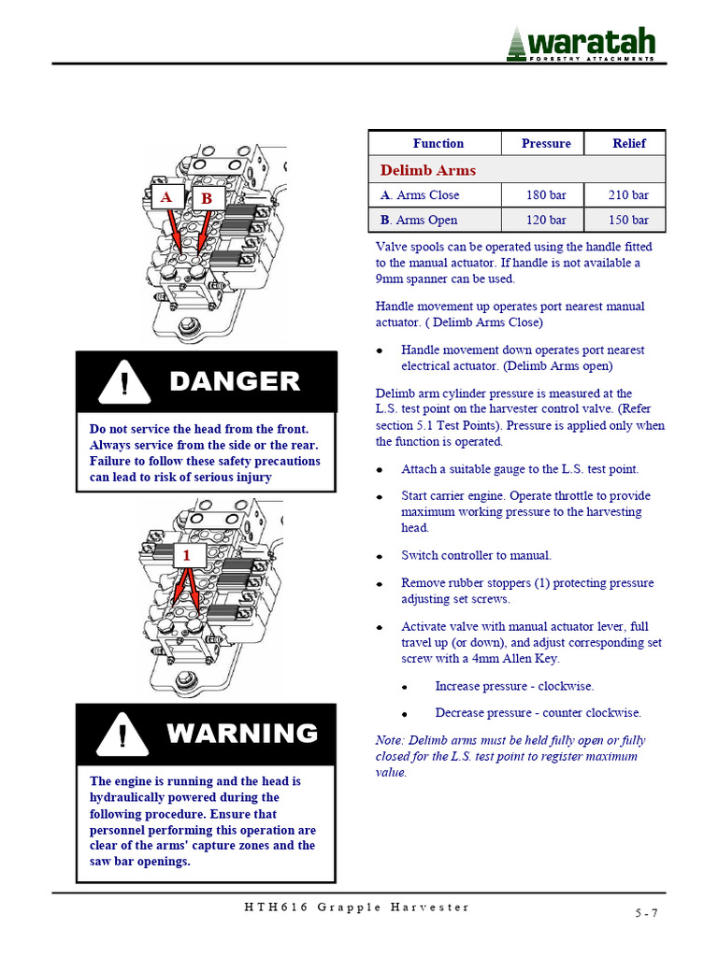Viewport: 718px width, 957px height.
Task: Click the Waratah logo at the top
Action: (581, 43)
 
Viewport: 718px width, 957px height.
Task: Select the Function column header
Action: (438, 143)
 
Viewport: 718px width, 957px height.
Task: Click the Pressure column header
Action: (546, 143)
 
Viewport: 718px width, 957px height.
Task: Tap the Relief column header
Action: (629, 143)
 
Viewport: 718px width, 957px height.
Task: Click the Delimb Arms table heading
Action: (427, 170)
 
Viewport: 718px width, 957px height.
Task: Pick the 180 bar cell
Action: (546, 195)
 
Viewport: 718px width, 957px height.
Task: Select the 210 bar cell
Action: (629, 195)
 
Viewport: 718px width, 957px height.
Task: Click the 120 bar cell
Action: (546, 220)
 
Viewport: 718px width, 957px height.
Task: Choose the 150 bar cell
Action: (629, 220)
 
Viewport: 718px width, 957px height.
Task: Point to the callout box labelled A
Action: (165, 197)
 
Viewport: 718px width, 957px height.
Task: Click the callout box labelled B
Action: (207, 198)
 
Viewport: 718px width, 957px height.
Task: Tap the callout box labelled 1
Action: (187, 555)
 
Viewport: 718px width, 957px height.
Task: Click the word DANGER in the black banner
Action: (235, 381)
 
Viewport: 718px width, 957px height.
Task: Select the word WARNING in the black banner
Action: (242, 733)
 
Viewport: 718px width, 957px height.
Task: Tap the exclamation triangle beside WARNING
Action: (122, 734)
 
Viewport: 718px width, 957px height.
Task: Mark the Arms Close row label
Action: (420, 195)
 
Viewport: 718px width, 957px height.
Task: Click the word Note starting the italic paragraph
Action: (389, 740)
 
